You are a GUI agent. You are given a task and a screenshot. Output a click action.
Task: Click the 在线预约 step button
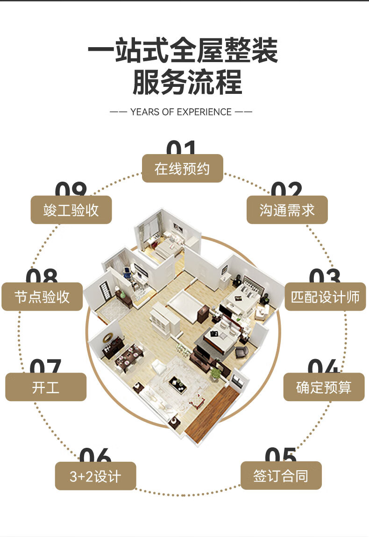[x=182, y=169]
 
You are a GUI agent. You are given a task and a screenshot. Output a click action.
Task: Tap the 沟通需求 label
[x=287, y=210]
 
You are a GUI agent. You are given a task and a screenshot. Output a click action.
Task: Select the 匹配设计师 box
[x=325, y=297]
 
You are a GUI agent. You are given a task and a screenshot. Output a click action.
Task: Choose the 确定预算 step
[x=324, y=387]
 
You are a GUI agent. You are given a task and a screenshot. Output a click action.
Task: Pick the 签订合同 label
[x=281, y=476]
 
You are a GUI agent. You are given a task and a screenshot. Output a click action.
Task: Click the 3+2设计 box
[x=95, y=476]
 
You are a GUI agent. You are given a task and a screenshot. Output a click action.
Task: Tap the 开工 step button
[x=46, y=387]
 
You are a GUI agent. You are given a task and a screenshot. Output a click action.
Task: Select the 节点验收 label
[x=42, y=297]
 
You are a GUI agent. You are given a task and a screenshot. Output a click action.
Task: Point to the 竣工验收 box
[x=71, y=210]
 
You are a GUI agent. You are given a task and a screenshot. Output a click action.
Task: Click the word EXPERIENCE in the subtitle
[x=204, y=112]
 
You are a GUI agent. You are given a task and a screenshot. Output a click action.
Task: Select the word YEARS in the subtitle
[x=145, y=112]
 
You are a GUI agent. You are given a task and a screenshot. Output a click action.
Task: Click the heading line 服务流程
[x=187, y=82]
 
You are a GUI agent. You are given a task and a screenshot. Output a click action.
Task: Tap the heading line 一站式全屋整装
[x=183, y=50]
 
